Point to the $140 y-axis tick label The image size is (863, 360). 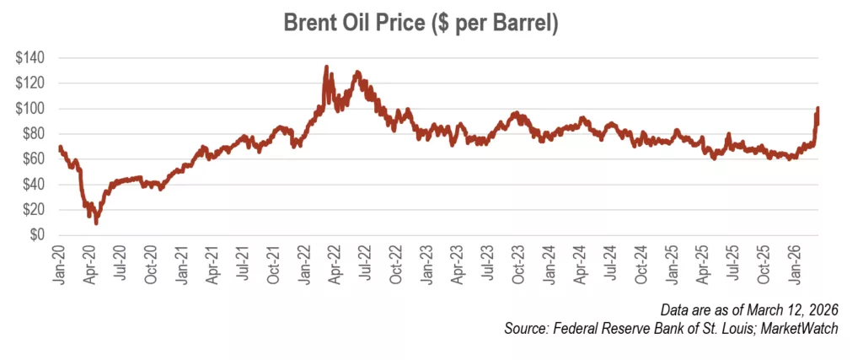pos(31,58)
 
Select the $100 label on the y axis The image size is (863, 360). pos(31,109)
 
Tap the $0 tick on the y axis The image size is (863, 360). pos(38,235)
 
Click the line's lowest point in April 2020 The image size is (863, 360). pos(96,223)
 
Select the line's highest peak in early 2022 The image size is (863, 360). pos(326,67)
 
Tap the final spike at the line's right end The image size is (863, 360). pos(817,109)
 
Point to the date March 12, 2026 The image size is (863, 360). pos(784,312)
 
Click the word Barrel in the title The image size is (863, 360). pos(523,24)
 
